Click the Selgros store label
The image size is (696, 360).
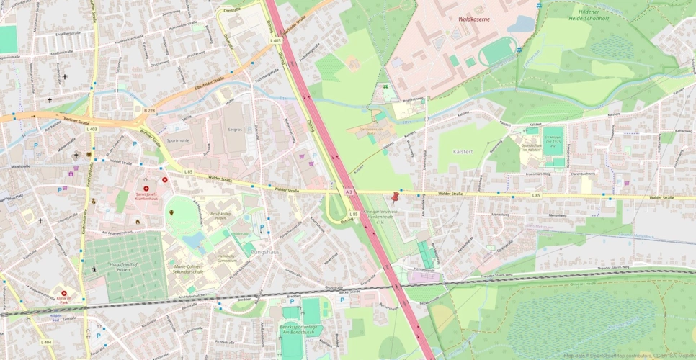pyautogui.click(x=236, y=129)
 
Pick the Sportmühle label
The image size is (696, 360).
pyautogui.click(x=177, y=140)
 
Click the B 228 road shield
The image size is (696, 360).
pyautogui.click(x=149, y=109)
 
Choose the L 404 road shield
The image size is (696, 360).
pyautogui.click(x=46, y=341)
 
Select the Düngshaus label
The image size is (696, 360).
pyautogui.click(x=263, y=252)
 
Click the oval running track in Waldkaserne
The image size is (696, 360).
pyautogui.click(x=499, y=51)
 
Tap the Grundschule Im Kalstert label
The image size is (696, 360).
pyautogui.click(x=531, y=148)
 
